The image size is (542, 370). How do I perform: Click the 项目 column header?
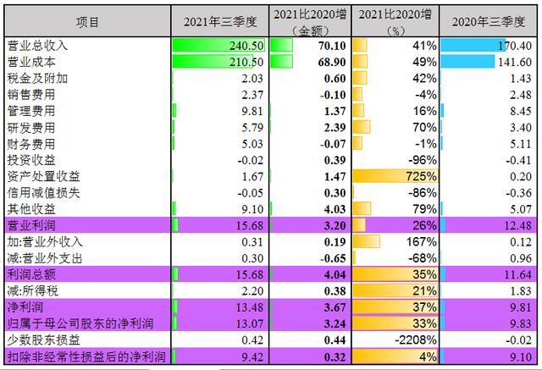tap(87, 21)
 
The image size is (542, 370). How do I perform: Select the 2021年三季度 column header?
tap(219, 21)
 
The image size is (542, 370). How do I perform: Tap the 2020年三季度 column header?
tap(489, 21)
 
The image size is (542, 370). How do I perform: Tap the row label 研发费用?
tap(30, 127)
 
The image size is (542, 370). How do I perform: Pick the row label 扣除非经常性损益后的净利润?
tap(86, 356)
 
